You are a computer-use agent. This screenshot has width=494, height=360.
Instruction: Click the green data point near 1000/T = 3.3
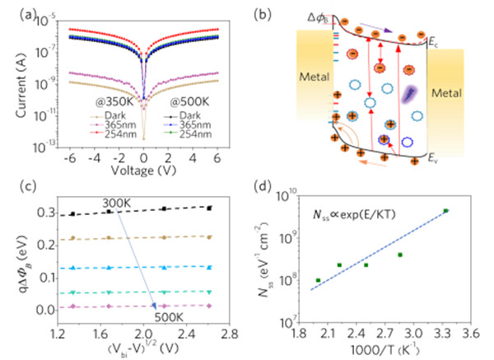tap(445, 211)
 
